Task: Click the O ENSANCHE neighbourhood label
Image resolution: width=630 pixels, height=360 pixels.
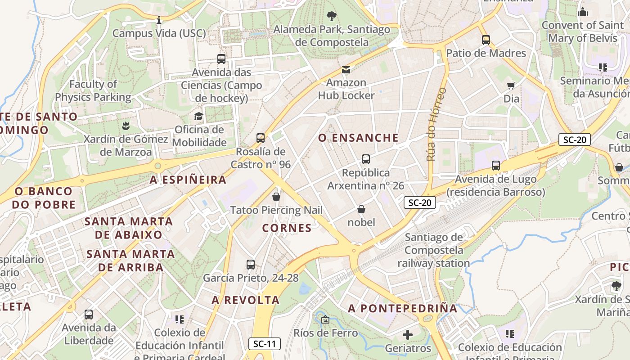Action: (x=358, y=138)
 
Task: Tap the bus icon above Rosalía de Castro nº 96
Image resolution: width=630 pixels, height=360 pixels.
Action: (x=261, y=138)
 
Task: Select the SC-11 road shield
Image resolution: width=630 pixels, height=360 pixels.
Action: (x=265, y=344)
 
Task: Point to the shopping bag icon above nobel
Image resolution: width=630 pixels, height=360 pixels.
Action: (x=361, y=209)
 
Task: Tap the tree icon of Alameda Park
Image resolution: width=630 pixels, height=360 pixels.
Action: (x=332, y=17)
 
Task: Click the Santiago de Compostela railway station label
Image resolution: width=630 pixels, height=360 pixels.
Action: (x=433, y=250)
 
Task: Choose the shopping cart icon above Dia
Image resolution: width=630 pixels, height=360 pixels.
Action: (x=511, y=85)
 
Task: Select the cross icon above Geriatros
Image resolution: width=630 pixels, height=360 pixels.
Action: (x=408, y=335)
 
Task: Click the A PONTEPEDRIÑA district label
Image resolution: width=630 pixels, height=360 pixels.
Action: (x=403, y=309)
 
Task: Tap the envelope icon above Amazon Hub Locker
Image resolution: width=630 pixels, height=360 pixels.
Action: (x=346, y=70)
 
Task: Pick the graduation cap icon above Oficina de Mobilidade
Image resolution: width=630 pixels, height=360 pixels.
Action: (x=198, y=117)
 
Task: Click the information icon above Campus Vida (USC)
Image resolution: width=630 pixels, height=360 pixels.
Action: (x=158, y=20)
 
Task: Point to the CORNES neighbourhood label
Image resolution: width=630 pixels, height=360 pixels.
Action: (x=287, y=228)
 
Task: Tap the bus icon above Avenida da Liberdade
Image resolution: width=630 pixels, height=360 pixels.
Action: (x=89, y=315)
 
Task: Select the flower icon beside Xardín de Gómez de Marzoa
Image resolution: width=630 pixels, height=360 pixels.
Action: (x=126, y=126)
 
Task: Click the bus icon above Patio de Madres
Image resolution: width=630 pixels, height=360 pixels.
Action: (x=486, y=40)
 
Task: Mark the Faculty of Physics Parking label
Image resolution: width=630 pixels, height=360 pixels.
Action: (x=93, y=90)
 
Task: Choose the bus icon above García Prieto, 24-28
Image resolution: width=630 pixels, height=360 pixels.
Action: (x=251, y=265)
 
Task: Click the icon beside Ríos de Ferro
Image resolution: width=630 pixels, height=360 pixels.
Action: (x=325, y=320)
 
